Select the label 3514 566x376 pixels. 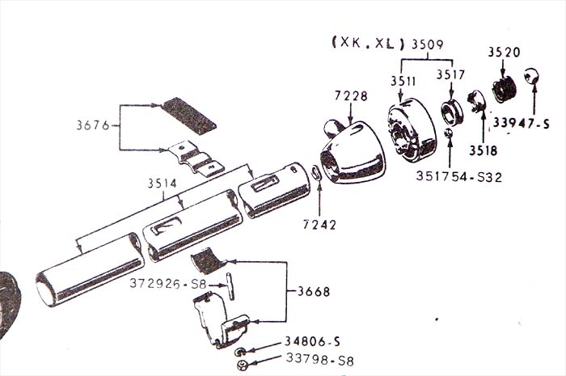[163, 184]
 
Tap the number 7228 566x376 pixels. [350, 96]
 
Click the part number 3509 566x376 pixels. [428, 43]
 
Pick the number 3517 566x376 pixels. [451, 75]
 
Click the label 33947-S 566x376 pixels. [522, 123]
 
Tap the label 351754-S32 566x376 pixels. [459, 175]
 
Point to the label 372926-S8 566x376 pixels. [167, 284]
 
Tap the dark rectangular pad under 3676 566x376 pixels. [189, 116]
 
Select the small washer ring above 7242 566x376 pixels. [317, 173]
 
